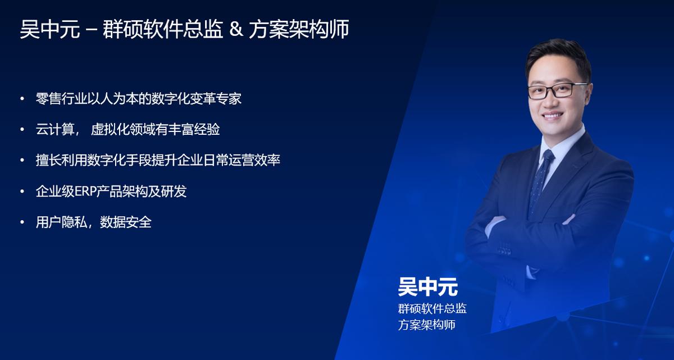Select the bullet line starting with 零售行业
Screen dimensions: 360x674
pyautogui.click(x=138, y=99)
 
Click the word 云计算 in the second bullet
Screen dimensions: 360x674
pyautogui.click(x=54, y=130)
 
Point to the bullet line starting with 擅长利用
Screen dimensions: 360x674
pyautogui.click(x=158, y=161)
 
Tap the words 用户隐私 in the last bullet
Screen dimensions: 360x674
pyautogui.click(x=61, y=222)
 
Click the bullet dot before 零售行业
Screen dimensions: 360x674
pyautogui.click(x=22, y=99)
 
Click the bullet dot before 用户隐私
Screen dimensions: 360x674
pyautogui.click(x=22, y=222)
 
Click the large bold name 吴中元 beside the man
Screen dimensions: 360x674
pyautogui.click(x=427, y=287)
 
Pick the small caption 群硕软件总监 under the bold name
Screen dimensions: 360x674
pyautogui.click(x=432, y=309)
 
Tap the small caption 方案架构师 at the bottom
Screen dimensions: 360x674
pyautogui.click(x=426, y=325)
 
